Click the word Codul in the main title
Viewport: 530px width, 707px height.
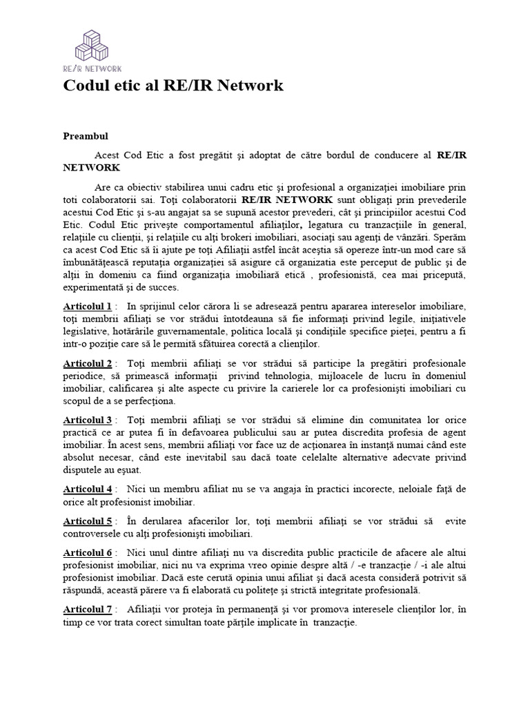pos(85,86)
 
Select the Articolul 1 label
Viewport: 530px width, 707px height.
pos(88,306)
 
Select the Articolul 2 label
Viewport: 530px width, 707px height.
pos(88,363)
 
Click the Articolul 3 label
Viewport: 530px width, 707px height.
pos(88,420)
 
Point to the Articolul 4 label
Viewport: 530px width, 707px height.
pos(88,489)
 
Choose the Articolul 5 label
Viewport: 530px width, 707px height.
pos(88,521)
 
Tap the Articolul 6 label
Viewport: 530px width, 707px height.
pos(88,552)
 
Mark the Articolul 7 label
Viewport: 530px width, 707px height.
pos(88,609)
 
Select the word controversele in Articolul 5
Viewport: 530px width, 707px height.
pos(94,533)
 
